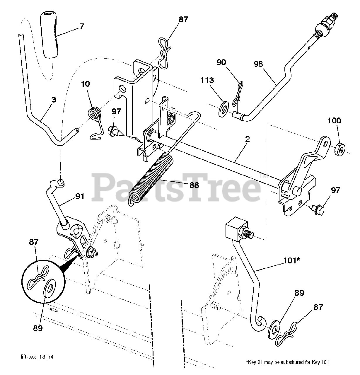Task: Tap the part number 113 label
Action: [207, 80]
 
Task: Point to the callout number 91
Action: [79, 196]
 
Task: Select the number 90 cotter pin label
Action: [221, 62]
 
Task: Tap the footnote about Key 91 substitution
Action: [287, 362]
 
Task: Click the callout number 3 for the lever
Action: [53, 100]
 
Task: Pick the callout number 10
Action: [86, 84]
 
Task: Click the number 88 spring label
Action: [194, 185]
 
